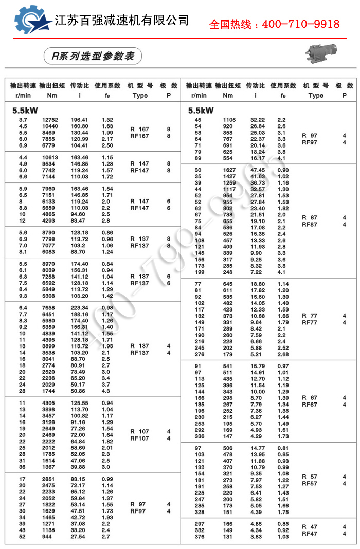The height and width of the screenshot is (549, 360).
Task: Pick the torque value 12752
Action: pos(50,120)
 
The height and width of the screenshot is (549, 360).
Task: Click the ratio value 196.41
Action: pos(80,120)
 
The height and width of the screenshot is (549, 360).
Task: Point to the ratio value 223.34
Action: pos(80,308)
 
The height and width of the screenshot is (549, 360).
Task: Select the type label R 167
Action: pos(139,129)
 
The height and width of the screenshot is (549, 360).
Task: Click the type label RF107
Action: pos(139,438)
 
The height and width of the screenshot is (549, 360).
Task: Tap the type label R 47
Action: pos(310,527)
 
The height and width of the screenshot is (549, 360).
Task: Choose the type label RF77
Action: pos(310,322)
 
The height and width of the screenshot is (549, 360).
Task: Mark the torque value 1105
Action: pos(229,120)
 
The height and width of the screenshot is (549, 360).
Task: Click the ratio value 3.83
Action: pos(257,537)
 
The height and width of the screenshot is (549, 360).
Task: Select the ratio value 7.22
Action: pos(257,272)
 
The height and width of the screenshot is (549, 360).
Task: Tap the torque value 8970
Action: pos(50,264)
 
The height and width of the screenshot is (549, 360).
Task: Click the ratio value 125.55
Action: pos(80,402)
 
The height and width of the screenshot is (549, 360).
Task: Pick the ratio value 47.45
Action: pos(258,170)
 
